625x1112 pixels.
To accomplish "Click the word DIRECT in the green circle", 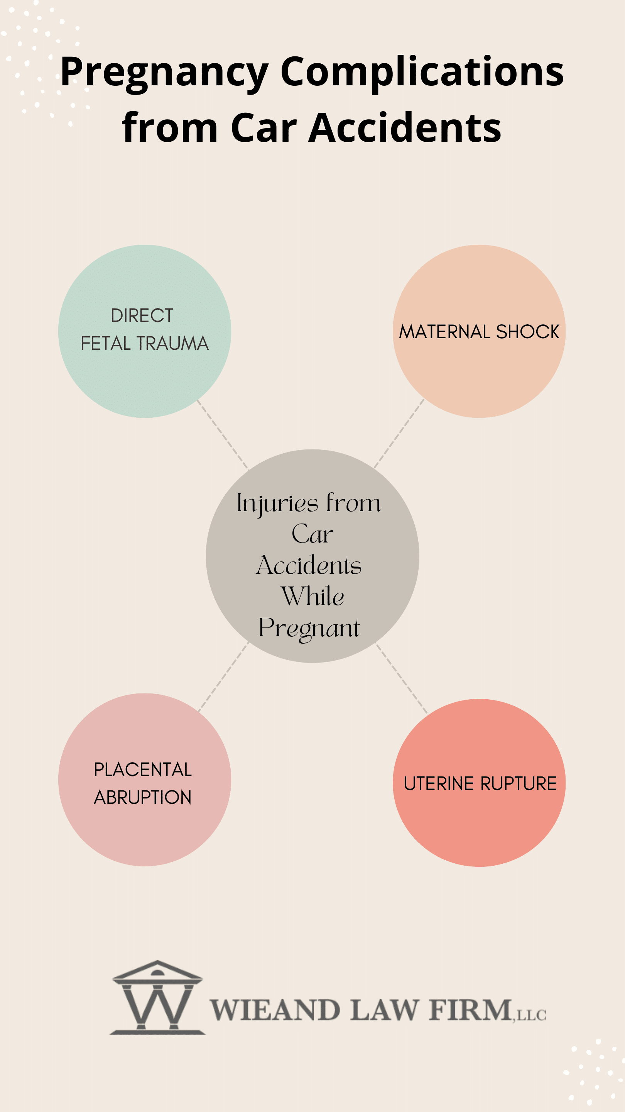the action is tap(142, 315).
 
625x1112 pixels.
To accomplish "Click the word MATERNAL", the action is tap(445, 332).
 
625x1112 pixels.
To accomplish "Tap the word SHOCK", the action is tap(528, 332).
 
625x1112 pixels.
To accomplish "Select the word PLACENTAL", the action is tap(143, 770).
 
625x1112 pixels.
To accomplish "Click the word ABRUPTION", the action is tap(143, 797).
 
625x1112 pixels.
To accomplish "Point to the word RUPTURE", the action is tap(519, 783).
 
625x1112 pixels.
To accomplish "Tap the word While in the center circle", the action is tap(313, 596).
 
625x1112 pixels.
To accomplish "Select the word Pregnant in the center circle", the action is tap(309, 628).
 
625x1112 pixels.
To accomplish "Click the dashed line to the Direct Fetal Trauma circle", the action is tap(223, 434).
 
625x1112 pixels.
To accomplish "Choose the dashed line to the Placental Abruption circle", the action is tap(223, 676).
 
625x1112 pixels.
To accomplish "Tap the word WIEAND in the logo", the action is tap(275, 1010).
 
